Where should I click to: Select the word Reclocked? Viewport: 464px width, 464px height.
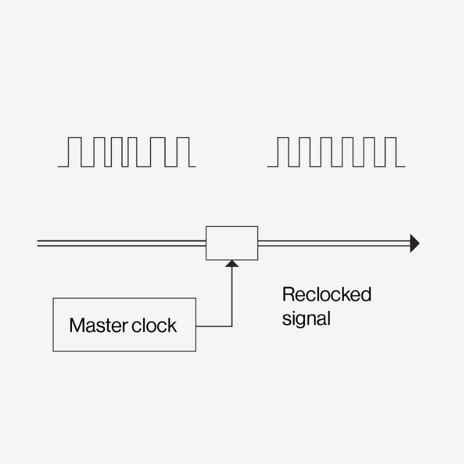pos(326,295)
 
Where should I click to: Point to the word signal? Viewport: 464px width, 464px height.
pos(306,318)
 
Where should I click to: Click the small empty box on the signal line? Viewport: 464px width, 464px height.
pos(232,243)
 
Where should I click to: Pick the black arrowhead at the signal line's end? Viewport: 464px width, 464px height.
pos(414,243)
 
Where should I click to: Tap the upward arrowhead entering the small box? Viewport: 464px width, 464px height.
pos(232,264)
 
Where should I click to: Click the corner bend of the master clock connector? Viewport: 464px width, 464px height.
pos(232,326)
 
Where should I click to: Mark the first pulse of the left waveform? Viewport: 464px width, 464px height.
pos(74,151)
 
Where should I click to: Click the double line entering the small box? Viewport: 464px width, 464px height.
pos(121,243)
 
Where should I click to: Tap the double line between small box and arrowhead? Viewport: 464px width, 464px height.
pos(332,243)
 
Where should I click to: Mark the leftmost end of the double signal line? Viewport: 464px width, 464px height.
pos(39,243)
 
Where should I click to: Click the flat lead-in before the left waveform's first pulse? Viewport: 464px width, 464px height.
pos(62,166)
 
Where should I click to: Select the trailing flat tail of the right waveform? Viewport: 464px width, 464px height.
pos(401,166)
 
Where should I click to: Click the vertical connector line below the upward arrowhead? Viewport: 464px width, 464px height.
pos(232,296)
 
